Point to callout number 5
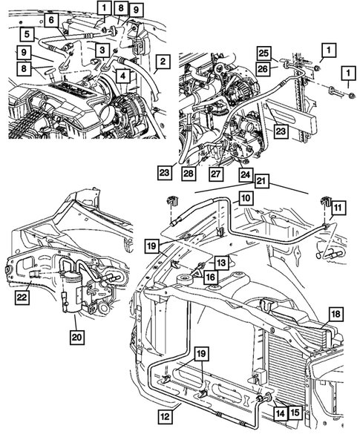pyautogui.click(x=26, y=33)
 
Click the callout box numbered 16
pyautogui.click(x=211, y=276)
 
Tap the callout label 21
pyautogui.click(x=262, y=181)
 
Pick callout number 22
pyautogui.click(x=27, y=298)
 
